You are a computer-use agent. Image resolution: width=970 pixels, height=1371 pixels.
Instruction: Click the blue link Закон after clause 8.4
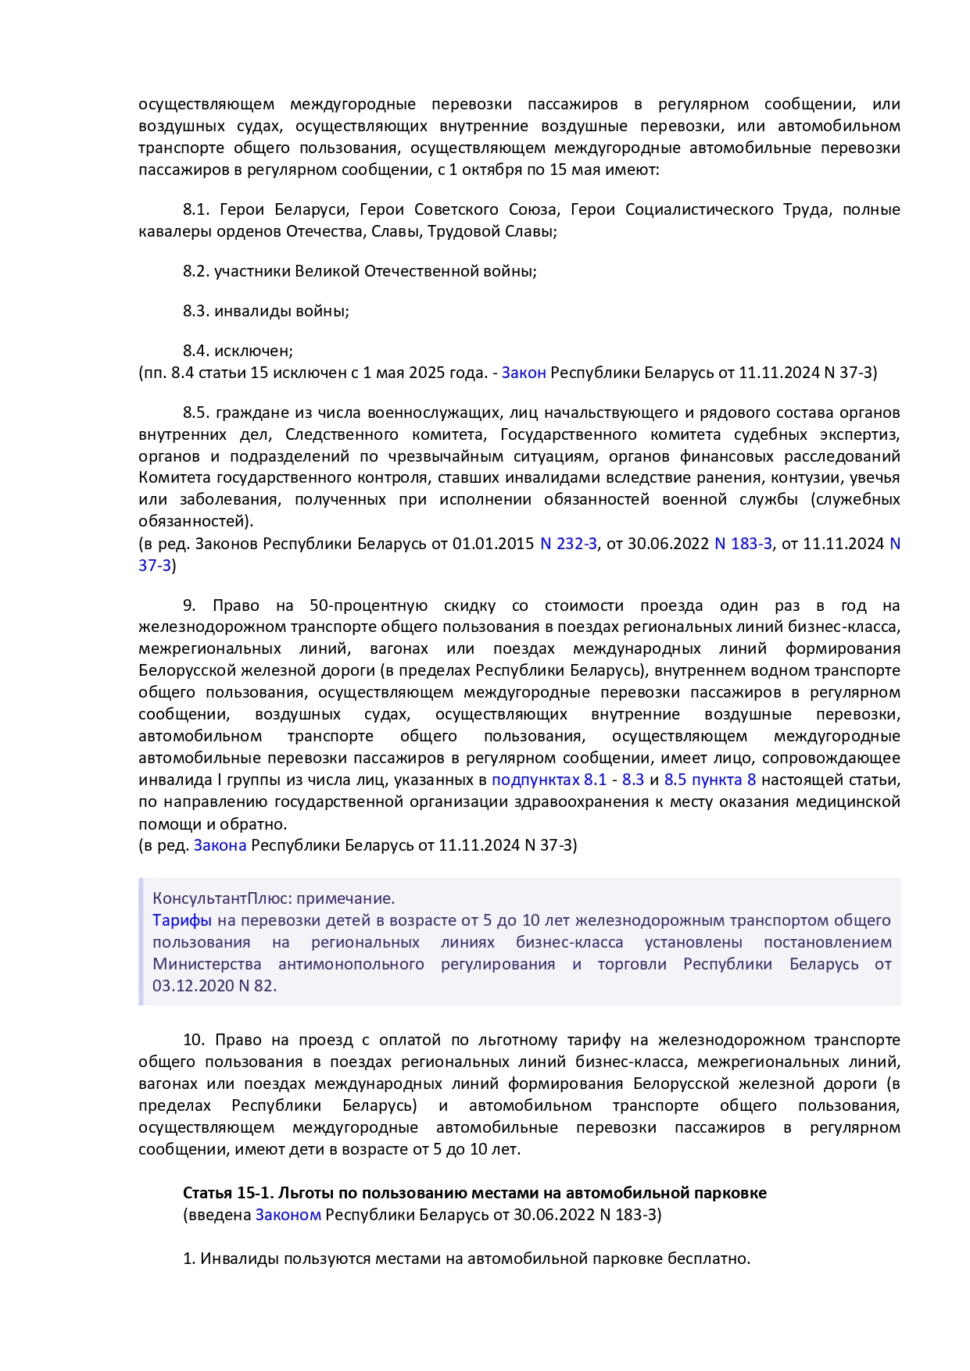pyautogui.click(x=524, y=373)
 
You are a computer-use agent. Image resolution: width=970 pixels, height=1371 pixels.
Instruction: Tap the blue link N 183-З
pyautogui.click(x=743, y=544)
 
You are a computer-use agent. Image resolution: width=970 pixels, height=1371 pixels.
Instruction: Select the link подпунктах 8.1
pyautogui.click(x=549, y=780)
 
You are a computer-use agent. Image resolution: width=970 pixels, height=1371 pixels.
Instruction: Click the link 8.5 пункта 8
pyautogui.click(x=710, y=780)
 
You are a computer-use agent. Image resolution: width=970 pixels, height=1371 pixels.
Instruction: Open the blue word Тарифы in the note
pyautogui.click(x=182, y=920)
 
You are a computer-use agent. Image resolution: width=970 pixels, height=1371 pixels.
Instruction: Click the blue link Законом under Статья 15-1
pyautogui.click(x=288, y=1215)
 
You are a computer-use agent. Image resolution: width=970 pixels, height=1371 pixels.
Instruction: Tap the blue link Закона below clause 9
pyautogui.click(x=220, y=845)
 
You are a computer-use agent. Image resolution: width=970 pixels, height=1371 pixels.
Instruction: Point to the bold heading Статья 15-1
pyautogui.click(x=228, y=1193)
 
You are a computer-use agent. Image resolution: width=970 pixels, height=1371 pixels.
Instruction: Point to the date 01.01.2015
pyautogui.click(x=493, y=544)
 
